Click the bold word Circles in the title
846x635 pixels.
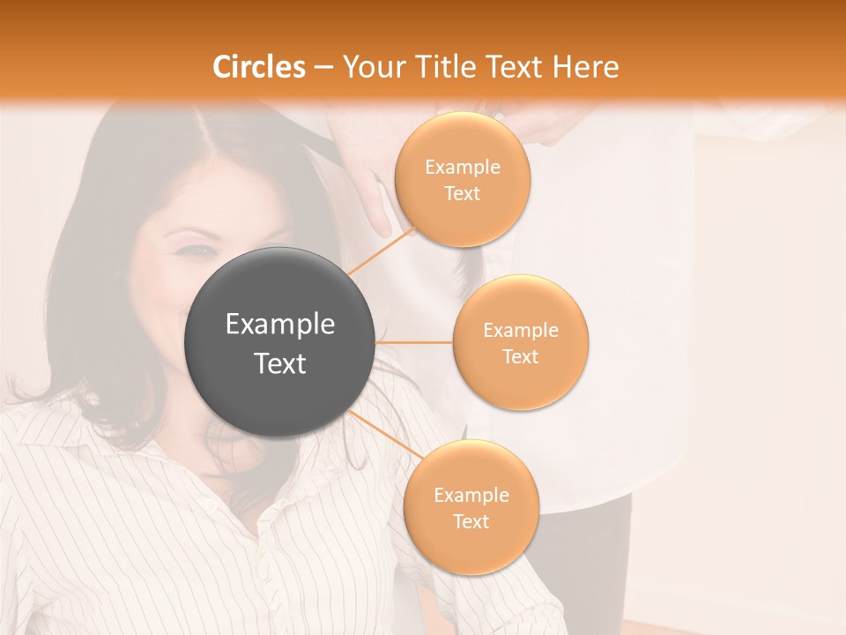259,67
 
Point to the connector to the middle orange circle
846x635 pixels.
414,342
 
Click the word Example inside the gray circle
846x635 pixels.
280,325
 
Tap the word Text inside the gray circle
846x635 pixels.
280,363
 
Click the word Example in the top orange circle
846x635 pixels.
462,168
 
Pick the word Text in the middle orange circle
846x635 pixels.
521,356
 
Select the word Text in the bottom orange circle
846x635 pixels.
471,521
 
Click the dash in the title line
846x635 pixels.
323,68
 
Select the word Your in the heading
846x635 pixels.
369,67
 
